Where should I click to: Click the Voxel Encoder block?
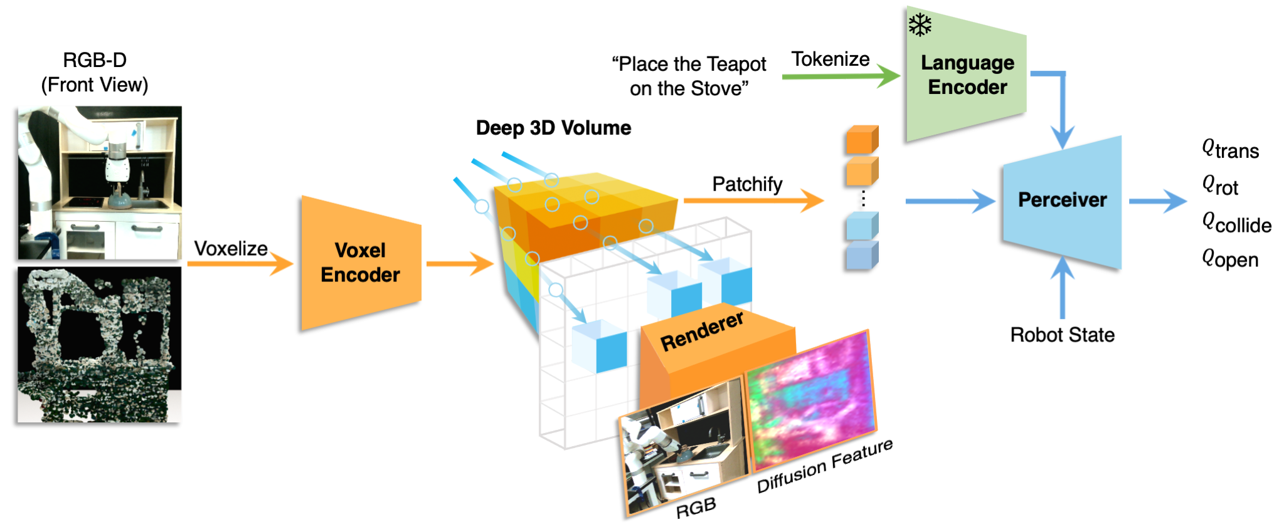coord(361,263)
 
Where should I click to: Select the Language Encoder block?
coord(967,75)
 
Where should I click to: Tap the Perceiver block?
coord(1062,201)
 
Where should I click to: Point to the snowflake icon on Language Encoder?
coord(920,25)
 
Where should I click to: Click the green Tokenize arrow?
coord(841,76)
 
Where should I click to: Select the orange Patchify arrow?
coord(753,201)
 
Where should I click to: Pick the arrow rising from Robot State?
coord(1062,288)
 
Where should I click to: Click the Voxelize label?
coord(231,249)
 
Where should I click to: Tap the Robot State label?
coord(1062,335)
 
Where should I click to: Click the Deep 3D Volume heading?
coord(553,128)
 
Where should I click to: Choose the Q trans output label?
coord(1230,150)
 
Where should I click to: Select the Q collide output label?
coord(1236,223)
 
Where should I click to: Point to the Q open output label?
coord(1230,259)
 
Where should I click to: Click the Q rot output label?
coord(1220,186)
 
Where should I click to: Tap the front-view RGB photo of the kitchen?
coord(100,183)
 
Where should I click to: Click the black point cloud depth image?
coord(100,345)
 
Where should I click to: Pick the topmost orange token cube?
coord(861,140)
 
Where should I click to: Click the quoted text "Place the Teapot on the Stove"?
coord(689,76)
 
